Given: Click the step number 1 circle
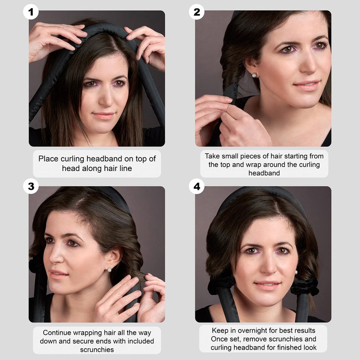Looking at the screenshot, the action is [x=31, y=12].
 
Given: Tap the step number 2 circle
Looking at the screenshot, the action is [x=197, y=12].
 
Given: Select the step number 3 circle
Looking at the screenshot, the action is [x=31, y=186].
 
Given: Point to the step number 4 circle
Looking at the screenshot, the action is [x=197, y=186].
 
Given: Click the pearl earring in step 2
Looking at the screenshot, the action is [x=254, y=75].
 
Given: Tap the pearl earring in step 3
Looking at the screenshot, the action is [x=109, y=270].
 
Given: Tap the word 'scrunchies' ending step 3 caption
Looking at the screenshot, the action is [x=97, y=350].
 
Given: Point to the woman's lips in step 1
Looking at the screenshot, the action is [x=103, y=116].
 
